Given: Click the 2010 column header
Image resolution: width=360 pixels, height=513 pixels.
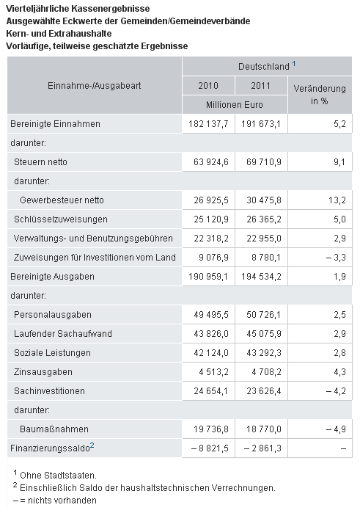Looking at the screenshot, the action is pos(208,86).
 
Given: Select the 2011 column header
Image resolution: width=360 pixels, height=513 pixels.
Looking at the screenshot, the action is pos(260,86).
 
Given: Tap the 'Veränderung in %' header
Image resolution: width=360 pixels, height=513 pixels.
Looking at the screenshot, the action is pos(320,95).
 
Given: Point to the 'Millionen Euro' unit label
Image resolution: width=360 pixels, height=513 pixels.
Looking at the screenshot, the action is pos(235,105).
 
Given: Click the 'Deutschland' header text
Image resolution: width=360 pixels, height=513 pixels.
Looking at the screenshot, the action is pos(264,67).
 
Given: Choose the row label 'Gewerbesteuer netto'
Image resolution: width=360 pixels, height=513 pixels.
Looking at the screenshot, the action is pos(62,200).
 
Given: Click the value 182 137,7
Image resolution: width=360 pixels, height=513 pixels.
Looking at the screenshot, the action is pos(208,124).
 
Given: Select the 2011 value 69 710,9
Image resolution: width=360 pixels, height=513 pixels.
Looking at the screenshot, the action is pos(263,162).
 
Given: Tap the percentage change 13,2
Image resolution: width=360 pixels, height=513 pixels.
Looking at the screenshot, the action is pos(337,200).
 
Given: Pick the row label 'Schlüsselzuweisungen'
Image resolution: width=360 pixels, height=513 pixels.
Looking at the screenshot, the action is pos(61,219).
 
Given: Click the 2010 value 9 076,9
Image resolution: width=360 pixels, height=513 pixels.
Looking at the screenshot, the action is pos(213,258).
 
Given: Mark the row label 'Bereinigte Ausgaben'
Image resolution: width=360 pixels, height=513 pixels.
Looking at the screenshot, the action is pos(52,277).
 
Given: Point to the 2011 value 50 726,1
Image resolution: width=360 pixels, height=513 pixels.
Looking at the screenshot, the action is pos(263,315).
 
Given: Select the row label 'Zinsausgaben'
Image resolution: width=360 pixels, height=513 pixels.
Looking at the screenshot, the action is pos(43,372).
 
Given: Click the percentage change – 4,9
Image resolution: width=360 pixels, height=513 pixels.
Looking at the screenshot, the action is pos(336,429).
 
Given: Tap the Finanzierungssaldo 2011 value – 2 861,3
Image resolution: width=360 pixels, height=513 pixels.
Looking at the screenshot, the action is pos(262,448).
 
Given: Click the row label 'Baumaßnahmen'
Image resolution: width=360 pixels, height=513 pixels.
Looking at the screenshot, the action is pos(54,429).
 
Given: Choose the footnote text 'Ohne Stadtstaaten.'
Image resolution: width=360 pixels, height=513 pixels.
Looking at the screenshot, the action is pos(58,476).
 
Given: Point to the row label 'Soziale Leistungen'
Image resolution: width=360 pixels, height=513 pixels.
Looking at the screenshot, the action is pos(52,353).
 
